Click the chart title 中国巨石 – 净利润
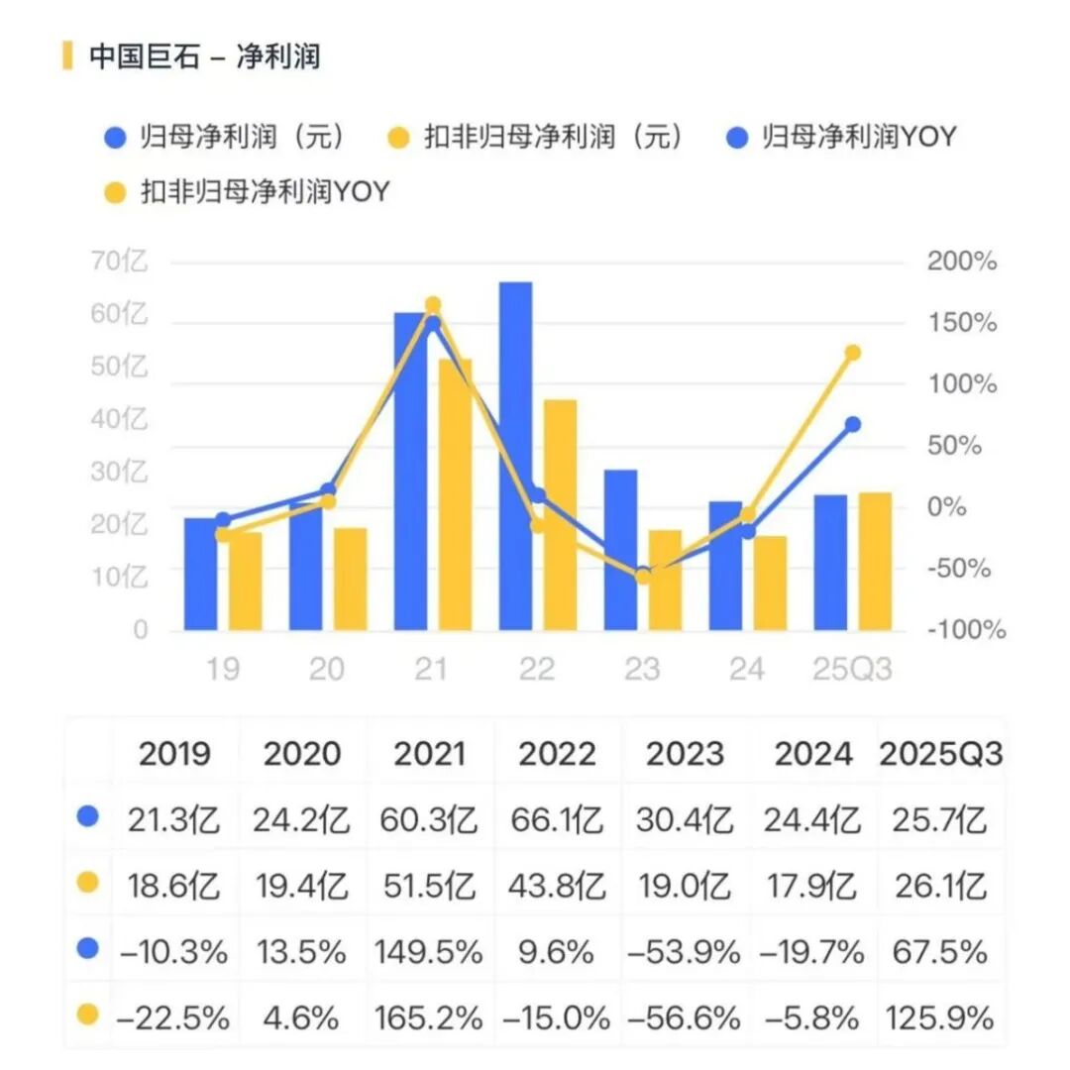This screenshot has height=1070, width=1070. pos(204,56)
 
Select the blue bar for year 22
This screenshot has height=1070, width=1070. pos(515,456)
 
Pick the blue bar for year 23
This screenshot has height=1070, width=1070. pos(620,550)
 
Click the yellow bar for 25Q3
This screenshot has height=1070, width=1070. pos(875,561)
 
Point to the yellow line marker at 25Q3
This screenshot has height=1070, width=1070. pos(852,353)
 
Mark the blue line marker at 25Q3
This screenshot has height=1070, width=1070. pos(852,424)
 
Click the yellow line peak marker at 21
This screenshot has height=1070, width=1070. pos(432,305)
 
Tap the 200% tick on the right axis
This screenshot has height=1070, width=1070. pos(961,263)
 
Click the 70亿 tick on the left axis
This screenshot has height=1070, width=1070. pos(119,263)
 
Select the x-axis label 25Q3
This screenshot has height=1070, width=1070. pos(852,670)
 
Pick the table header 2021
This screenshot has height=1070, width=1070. pos(429,755)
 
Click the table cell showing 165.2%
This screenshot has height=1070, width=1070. pos(429,1017)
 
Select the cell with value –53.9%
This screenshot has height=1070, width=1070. pos(685,952)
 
